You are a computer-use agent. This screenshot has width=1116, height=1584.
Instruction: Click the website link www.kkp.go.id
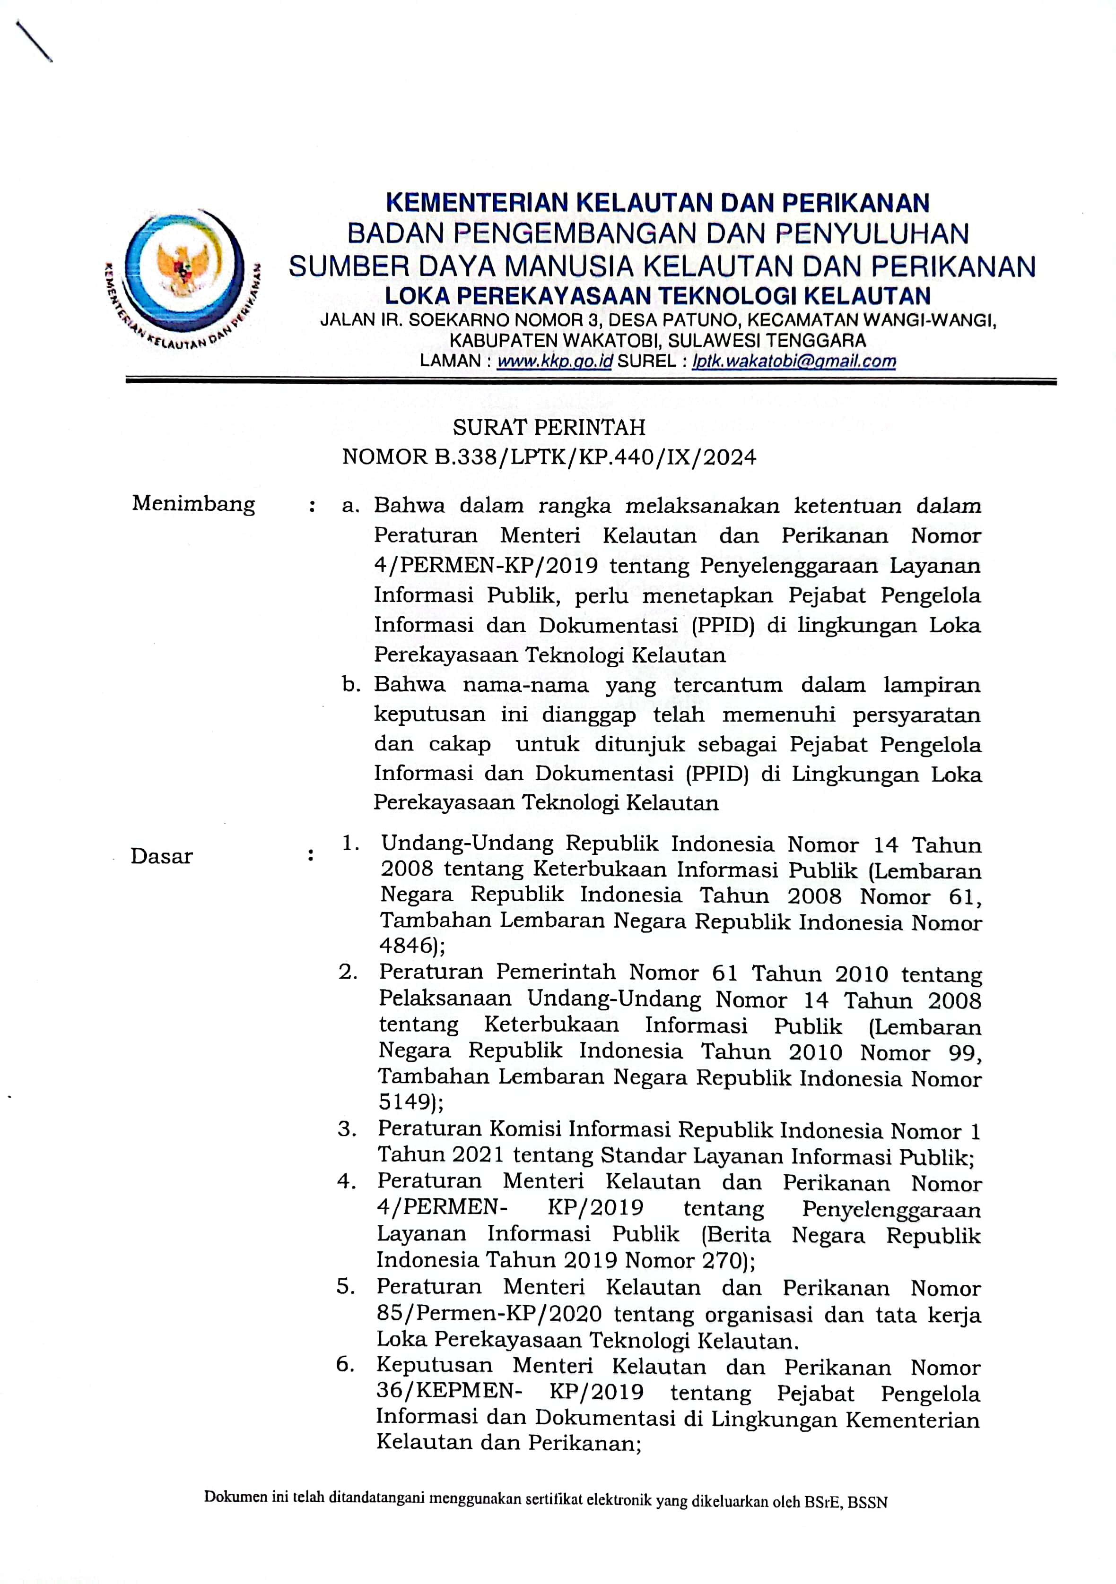click(554, 362)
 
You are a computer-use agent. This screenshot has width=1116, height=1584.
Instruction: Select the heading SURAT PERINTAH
click(549, 428)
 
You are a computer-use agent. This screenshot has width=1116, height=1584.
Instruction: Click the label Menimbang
click(193, 504)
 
